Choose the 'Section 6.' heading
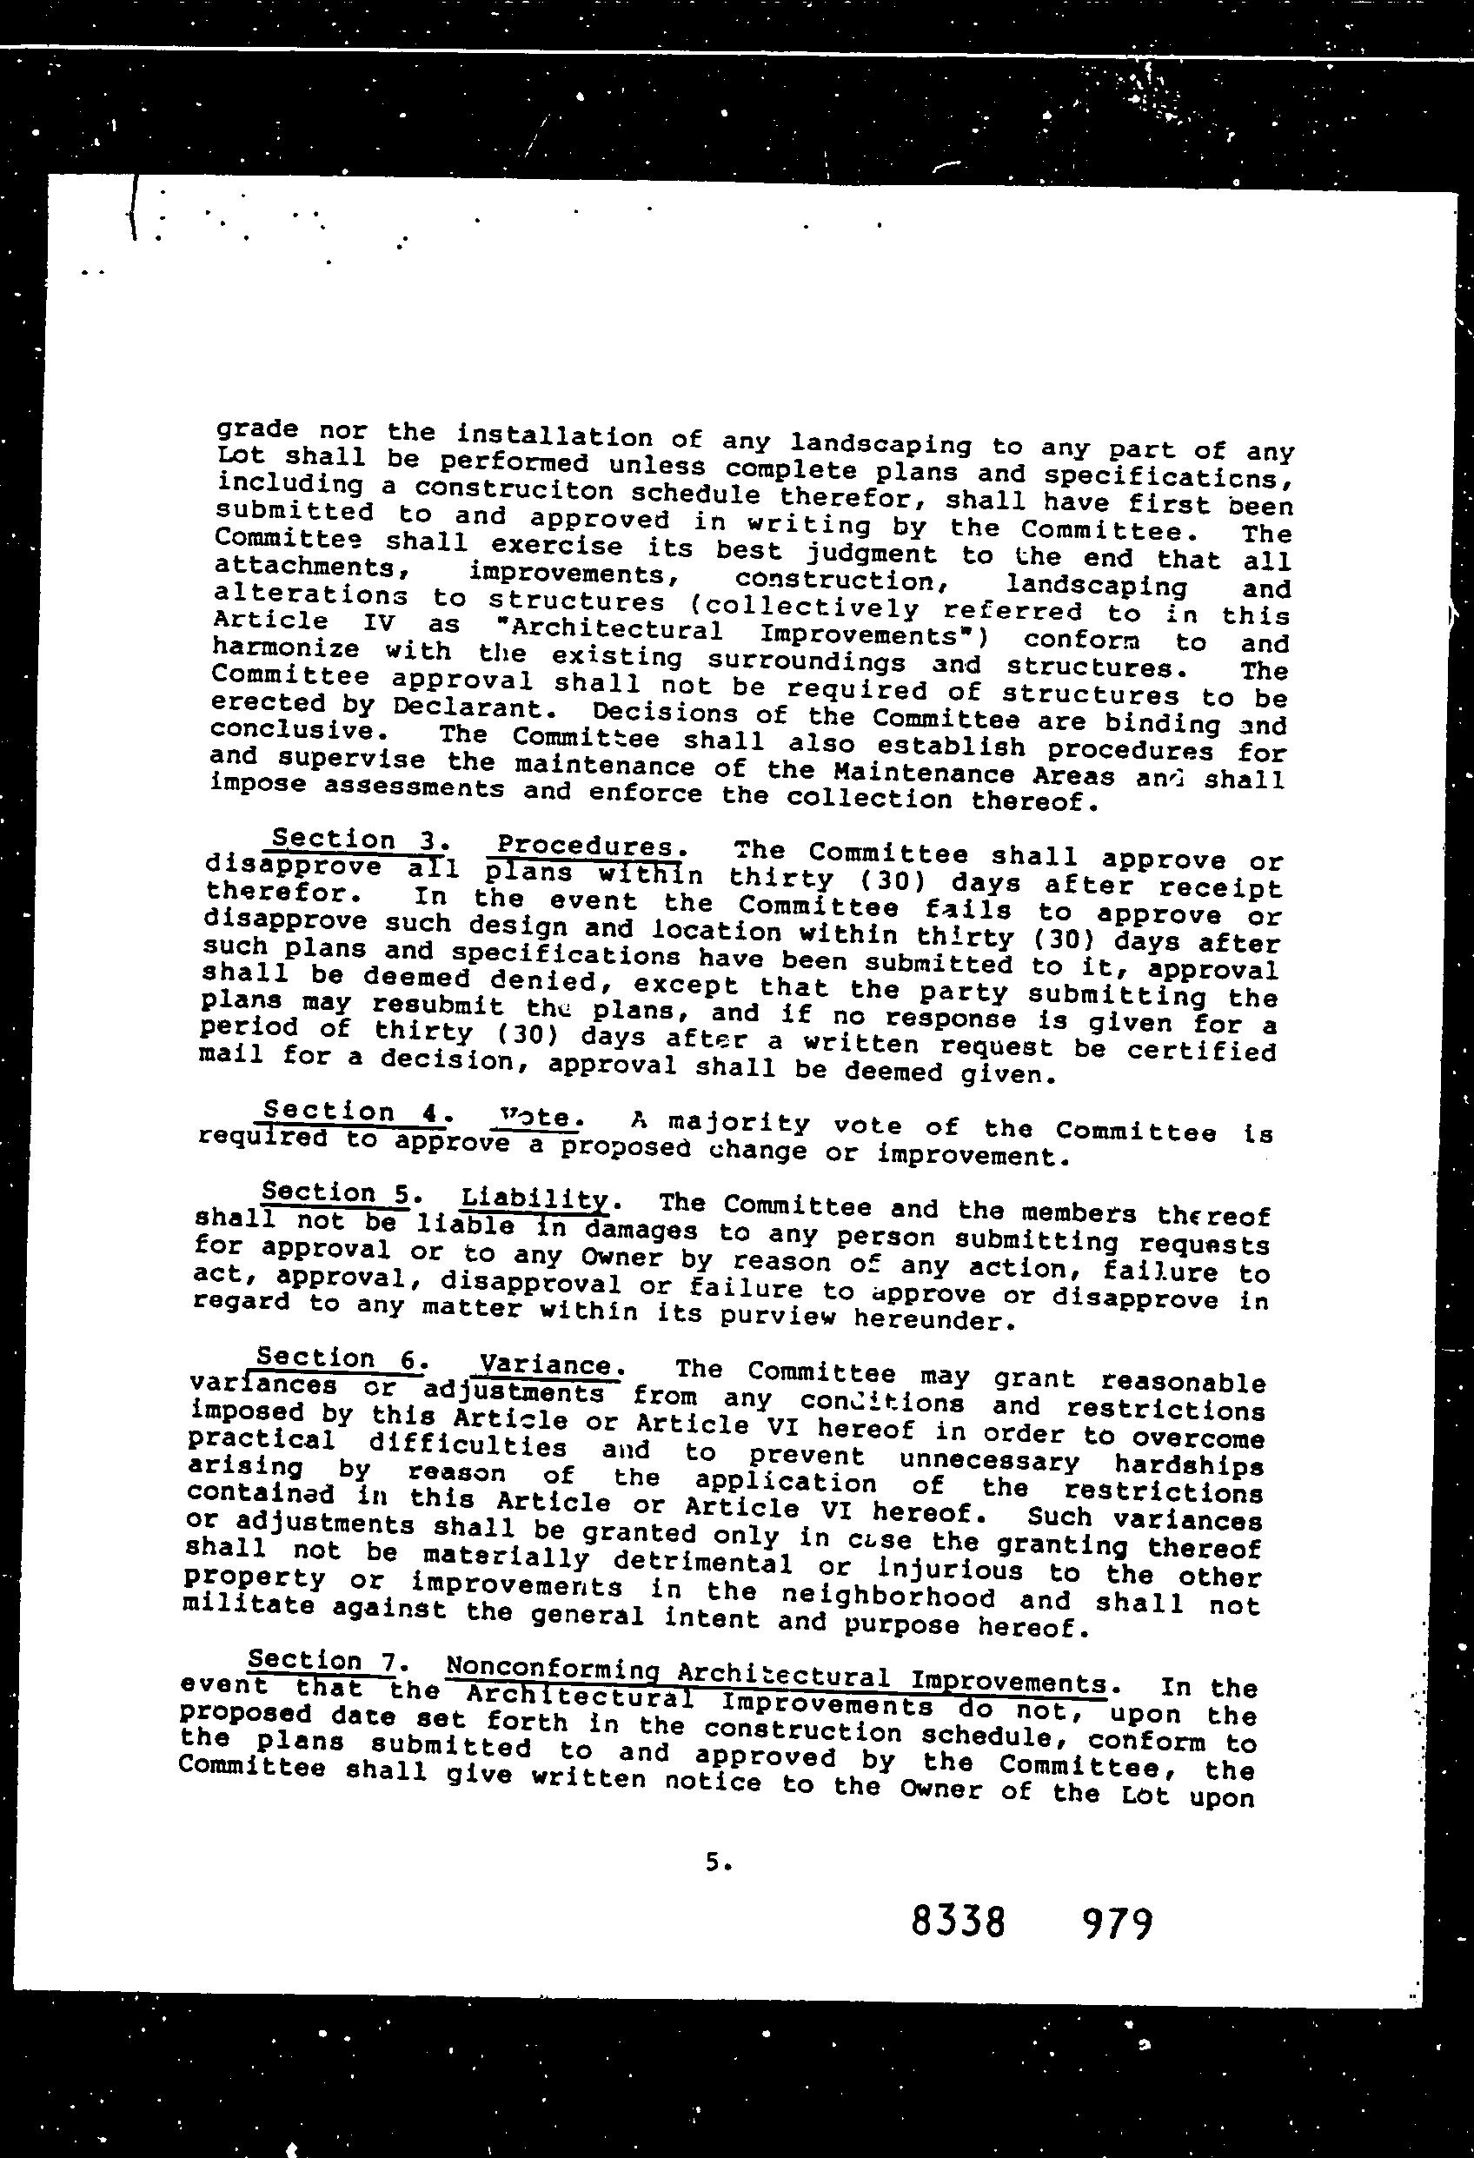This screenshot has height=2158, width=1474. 338,1358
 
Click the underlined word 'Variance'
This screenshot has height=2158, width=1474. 545,1365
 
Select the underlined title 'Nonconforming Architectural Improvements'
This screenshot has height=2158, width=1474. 775,1675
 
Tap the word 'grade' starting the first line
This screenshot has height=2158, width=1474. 257,430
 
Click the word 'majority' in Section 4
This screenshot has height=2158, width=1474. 739,1124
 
